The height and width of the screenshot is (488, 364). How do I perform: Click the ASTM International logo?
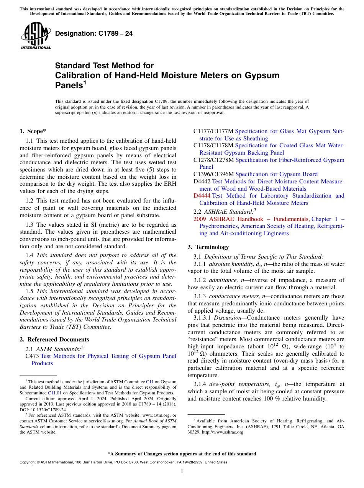click(x=36, y=36)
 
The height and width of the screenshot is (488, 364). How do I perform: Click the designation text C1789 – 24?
click(x=94, y=33)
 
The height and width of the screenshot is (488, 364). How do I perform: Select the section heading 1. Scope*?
click(x=33, y=131)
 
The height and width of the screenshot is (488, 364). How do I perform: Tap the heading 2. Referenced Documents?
click(x=54, y=340)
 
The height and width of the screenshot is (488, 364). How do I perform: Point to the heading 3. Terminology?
click(x=208, y=247)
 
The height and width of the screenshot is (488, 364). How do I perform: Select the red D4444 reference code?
click(x=202, y=196)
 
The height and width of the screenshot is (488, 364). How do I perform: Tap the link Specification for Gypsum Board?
click(x=276, y=174)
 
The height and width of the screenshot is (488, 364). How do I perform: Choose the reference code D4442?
click(x=202, y=181)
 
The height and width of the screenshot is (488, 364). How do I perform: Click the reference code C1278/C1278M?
click(x=213, y=160)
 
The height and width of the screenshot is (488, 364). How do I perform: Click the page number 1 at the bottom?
click(x=182, y=471)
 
